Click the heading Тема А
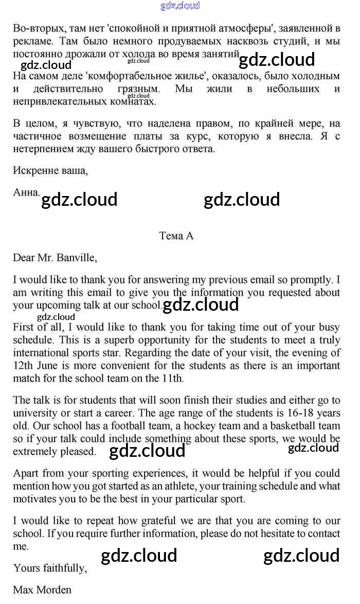point(176,236)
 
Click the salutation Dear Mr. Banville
point(55,258)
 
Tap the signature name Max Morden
point(42,590)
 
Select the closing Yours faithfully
point(50,568)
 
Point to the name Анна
point(26,192)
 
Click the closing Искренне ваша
point(50,171)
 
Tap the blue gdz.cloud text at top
point(180,6)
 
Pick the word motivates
point(34,499)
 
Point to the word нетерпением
point(44,149)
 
